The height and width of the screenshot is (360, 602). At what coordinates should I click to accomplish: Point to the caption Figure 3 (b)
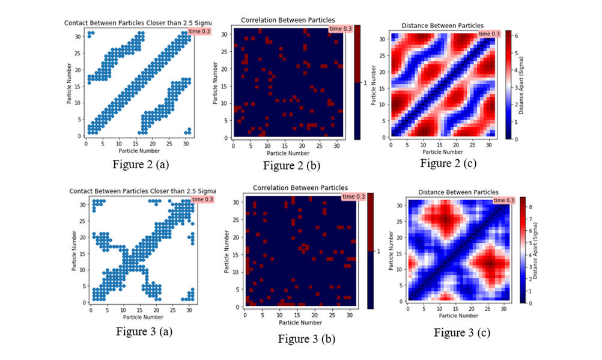tap(306, 338)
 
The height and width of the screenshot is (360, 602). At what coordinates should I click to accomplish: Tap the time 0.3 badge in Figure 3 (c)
tap(504, 200)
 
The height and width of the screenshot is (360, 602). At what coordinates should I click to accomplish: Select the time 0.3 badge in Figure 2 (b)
tap(341, 29)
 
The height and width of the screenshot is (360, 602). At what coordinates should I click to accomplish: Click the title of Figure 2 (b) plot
tap(288, 20)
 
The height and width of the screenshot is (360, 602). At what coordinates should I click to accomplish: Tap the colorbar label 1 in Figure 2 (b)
tap(365, 82)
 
